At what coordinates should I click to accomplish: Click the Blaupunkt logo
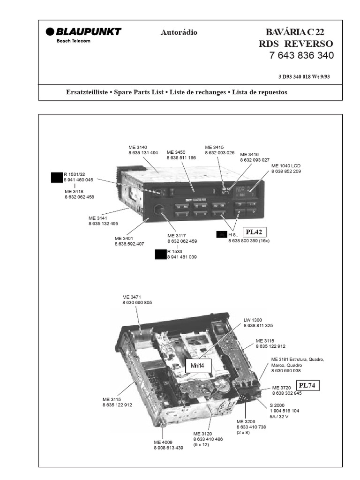tap(83, 31)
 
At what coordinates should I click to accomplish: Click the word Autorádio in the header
tap(179, 32)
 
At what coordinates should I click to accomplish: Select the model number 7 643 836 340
tap(301, 55)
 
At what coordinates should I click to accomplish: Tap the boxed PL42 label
tap(254, 232)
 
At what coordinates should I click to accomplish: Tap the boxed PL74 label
tap(307, 385)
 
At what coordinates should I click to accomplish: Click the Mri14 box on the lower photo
tap(199, 366)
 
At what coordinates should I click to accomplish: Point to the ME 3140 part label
tap(138, 147)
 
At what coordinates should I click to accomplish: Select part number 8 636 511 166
tap(181, 157)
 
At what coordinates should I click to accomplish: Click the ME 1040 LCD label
tap(286, 165)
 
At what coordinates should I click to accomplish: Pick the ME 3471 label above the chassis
tap(132, 297)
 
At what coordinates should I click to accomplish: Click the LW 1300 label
tap(253, 320)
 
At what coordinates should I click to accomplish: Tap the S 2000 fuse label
tap(277, 405)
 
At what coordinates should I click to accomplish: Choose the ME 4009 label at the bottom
tap(163, 442)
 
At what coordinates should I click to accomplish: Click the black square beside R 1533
tap(160, 255)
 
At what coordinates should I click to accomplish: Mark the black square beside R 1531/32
tap(57, 178)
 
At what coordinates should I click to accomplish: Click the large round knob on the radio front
tap(159, 210)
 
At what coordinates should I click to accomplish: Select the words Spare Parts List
tap(139, 92)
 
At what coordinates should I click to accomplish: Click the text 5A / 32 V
tap(279, 416)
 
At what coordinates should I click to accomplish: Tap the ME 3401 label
tap(124, 238)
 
